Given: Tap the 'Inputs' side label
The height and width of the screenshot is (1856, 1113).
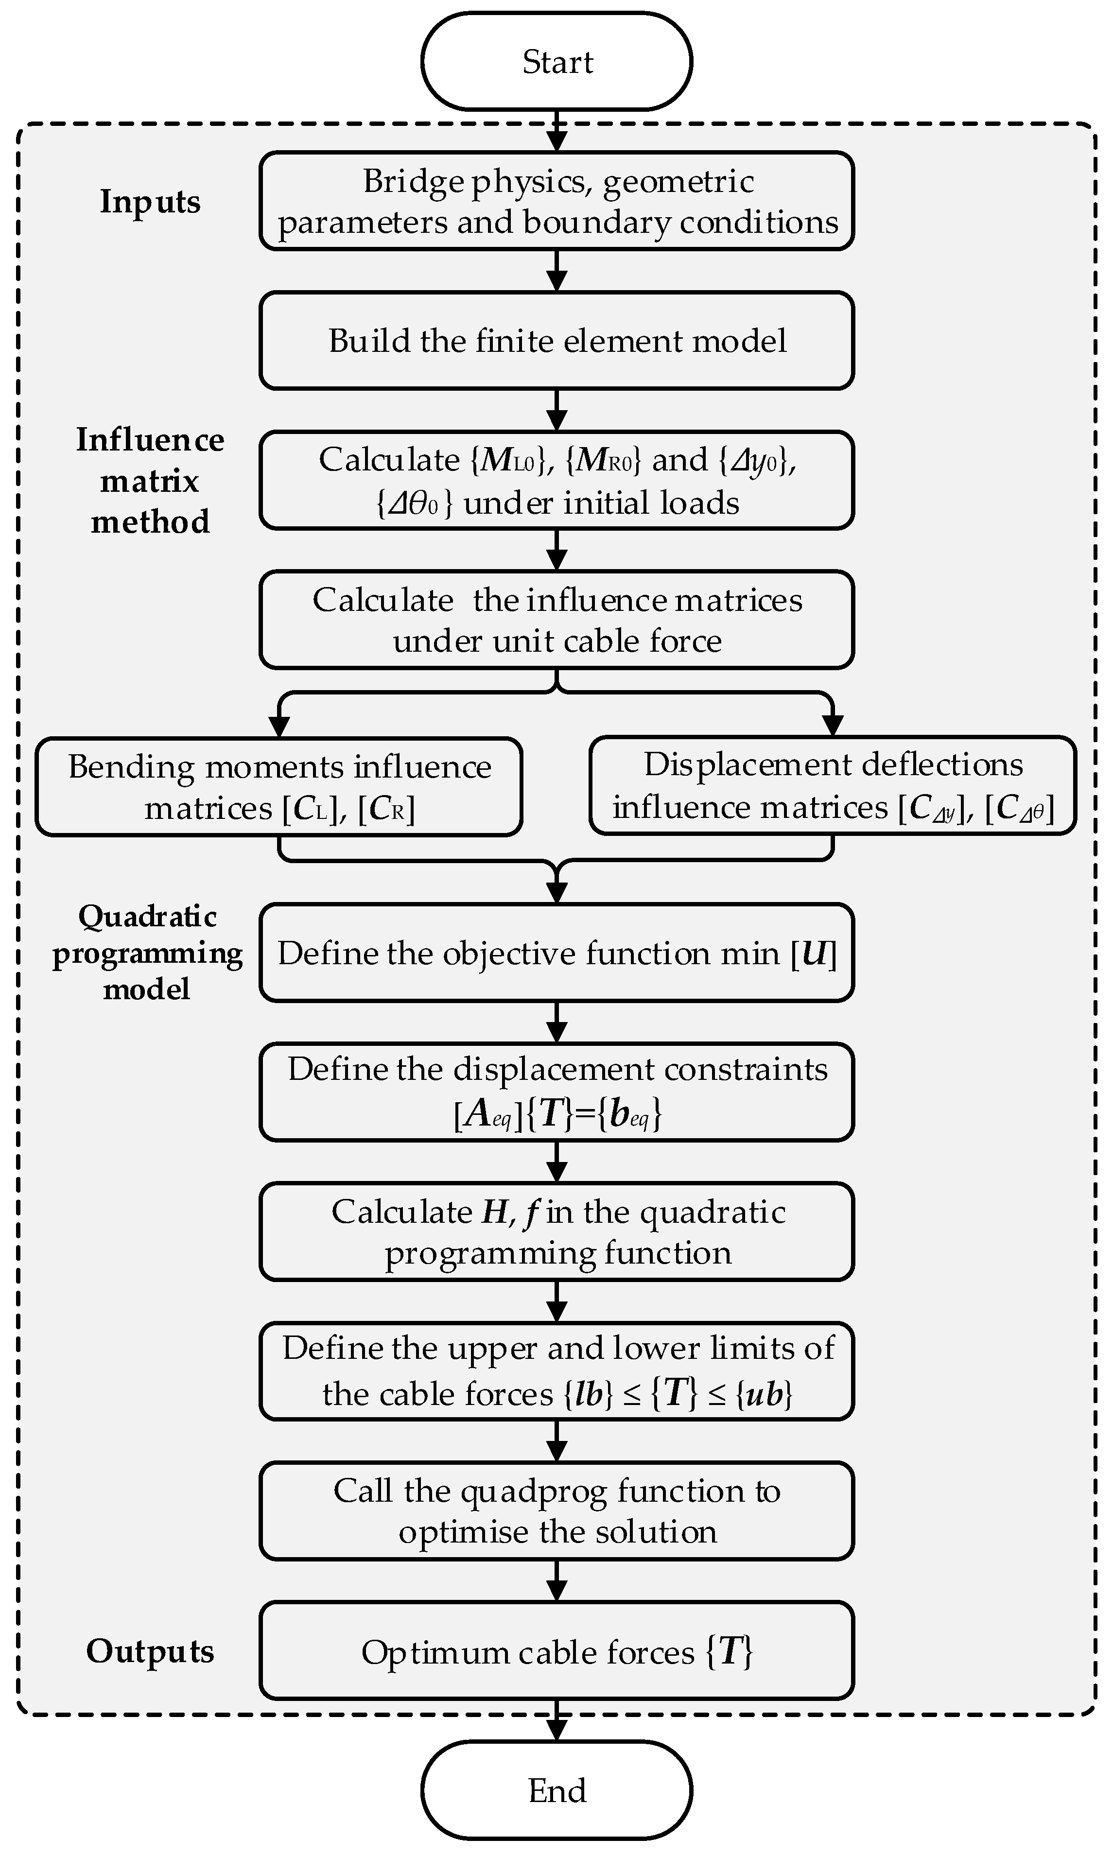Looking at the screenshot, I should (x=150, y=202).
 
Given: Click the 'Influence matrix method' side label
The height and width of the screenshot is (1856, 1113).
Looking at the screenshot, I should (x=150, y=481).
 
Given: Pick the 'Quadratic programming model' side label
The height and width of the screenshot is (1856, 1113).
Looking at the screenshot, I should (x=147, y=953).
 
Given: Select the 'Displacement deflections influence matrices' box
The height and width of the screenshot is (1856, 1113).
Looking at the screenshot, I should (x=833, y=785).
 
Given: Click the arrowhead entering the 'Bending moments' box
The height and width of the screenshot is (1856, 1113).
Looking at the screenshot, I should (x=279, y=726).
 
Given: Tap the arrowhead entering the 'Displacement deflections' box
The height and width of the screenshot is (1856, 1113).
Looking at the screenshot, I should (x=833, y=726).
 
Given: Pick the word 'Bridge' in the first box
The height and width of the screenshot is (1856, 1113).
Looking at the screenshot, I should (x=413, y=181).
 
